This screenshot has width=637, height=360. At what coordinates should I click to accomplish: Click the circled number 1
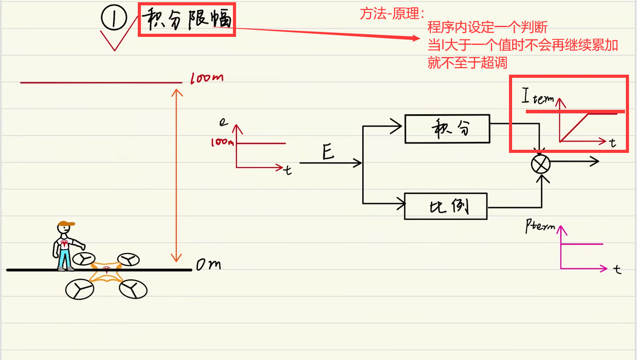pos(115,19)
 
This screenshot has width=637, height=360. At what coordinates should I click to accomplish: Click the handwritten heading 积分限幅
pos(187,20)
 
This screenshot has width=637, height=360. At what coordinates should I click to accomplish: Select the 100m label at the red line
pos(207,78)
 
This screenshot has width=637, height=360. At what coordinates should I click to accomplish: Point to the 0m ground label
pos(208,265)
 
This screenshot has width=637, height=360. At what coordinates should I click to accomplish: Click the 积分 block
pos(447,129)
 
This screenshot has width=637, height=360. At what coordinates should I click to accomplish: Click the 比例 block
pos(446,206)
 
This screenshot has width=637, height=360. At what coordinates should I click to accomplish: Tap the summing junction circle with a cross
pos(541,164)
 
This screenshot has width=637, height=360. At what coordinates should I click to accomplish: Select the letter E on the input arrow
pos(328,154)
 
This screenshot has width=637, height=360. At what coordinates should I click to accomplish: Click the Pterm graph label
pos(540,226)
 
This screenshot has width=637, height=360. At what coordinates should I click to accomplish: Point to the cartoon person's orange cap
pos(67,223)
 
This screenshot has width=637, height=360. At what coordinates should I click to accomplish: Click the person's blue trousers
pos(65,258)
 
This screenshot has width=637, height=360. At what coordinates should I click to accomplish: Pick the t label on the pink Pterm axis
pos(617,269)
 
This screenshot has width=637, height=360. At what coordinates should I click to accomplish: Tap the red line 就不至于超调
pos(467,63)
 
